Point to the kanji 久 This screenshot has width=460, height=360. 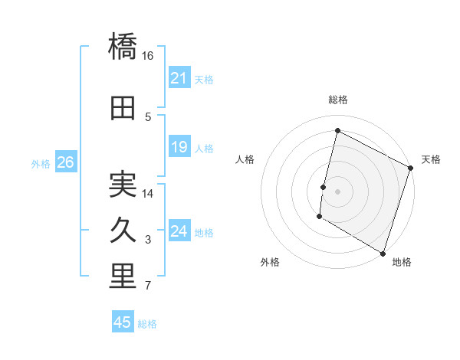click(x=123, y=230)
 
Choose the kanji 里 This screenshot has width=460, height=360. click(x=123, y=277)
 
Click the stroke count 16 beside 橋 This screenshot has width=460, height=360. click(x=148, y=56)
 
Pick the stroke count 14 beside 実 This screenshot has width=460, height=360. click(x=148, y=193)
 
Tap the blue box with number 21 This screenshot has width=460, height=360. click(x=179, y=78)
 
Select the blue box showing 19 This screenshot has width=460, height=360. click(x=179, y=147)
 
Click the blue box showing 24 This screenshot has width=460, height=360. click(x=179, y=231)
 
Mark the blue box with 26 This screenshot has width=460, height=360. click(x=65, y=162)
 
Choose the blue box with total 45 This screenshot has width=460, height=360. click(x=123, y=322)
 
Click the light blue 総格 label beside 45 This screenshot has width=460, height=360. click(x=147, y=324)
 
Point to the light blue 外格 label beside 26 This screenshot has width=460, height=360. click(x=41, y=163)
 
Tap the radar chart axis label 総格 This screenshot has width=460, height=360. click(x=337, y=100)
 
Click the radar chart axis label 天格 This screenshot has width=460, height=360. click(x=431, y=159)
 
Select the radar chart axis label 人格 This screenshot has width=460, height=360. click(x=245, y=159)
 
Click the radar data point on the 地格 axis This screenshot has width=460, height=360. click(x=383, y=253)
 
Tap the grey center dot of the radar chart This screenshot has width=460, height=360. click(x=337, y=191)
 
